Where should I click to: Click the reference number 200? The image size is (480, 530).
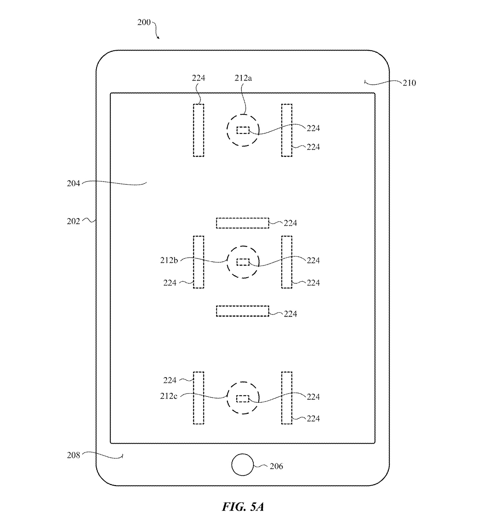click(x=144, y=22)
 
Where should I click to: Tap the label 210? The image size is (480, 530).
click(x=409, y=83)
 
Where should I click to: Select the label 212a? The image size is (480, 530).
click(x=243, y=78)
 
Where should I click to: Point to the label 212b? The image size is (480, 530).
click(x=169, y=260)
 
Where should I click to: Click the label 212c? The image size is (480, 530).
click(x=169, y=396)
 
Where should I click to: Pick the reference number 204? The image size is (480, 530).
click(x=73, y=183)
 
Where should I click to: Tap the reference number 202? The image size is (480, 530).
click(x=73, y=221)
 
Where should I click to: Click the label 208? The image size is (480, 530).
click(x=73, y=455)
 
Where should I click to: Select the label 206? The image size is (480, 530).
click(x=276, y=466)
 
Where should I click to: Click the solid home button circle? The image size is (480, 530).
click(x=242, y=465)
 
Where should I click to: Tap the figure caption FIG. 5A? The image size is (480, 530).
click(x=243, y=507)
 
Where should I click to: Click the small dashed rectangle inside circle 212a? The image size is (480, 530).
click(x=243, y=130)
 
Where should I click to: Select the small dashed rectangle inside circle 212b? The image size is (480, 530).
click(x=243, y=262)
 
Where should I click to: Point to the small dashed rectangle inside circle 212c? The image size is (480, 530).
click(x=243, y=398)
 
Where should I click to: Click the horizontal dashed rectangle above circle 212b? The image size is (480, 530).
click(x=242, y=223)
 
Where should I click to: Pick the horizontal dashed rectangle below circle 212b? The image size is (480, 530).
click(x=242, y=311)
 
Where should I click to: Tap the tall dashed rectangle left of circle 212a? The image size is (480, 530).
click(x=198, y=130)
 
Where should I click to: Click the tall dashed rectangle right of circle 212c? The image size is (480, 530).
click(x=287, y=398)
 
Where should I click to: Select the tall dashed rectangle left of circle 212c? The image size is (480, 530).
click(x=198, y=398)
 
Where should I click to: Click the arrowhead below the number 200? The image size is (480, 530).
click(x=158, y=37)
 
